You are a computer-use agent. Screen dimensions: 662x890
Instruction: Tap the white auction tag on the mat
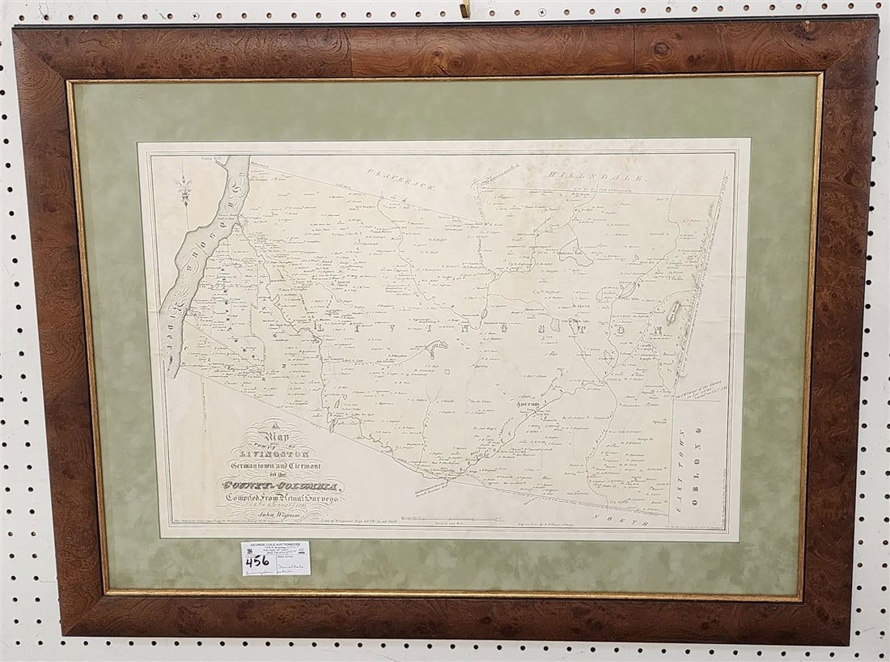(276, 558)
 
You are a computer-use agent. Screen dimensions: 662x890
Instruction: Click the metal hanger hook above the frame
(464, 9)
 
